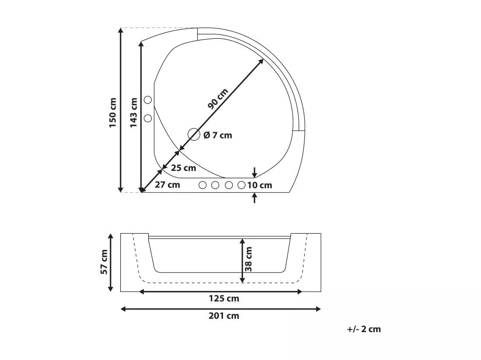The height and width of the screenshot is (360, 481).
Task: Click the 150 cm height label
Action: [x=113, y=113]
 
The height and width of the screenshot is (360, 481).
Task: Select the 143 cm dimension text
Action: [x=133, y=113]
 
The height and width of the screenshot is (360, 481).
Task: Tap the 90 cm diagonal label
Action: [x=218, y=99]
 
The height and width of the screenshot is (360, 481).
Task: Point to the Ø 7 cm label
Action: [x=218, y=135]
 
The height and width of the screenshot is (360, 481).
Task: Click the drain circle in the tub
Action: [x=194, y=134]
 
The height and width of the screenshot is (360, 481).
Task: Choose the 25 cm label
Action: [x=184, y=168]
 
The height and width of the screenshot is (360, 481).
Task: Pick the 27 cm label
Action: [x=167, y=185]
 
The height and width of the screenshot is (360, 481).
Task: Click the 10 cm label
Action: [x=260, y=185]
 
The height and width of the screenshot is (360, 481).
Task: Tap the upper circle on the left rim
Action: [x=148, y=100]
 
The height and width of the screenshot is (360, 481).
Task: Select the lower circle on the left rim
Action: [x=148, y=118]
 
